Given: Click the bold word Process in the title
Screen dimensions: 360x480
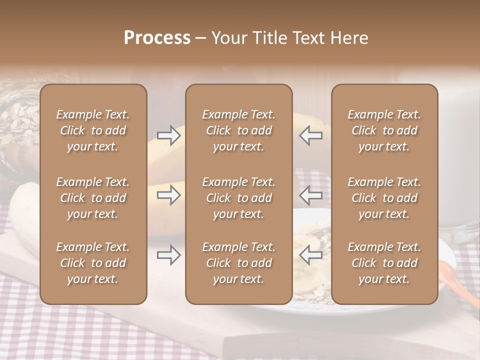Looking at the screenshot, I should pos(157,38).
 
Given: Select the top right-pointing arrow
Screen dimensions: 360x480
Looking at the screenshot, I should pos(168,135).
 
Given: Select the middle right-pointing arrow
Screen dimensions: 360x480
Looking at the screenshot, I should pos(168,194).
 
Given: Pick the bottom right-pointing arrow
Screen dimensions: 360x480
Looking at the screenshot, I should pos(168,255).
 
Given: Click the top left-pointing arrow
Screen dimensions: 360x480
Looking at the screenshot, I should pos(311,135).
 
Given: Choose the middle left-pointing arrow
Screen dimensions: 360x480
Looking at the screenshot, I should pos(311,194).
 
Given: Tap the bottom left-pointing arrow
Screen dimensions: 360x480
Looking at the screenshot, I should pos(311,255).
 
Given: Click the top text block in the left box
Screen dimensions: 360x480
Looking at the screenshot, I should pos(93,130).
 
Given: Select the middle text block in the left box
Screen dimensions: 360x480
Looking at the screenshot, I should pos(93,198).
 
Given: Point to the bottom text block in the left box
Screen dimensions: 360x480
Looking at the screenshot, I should pos(93,263).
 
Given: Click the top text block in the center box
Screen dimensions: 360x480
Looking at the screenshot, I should pos(238,130).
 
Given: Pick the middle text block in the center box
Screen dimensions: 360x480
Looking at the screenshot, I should pos(238,198).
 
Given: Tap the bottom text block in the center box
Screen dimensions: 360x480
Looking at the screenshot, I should pos(238,263).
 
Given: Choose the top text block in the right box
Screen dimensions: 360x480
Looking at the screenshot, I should pos(384,130).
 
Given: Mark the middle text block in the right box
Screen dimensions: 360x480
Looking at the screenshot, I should pos(384,198).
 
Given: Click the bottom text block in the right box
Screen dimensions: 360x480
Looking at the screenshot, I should pos(384,263).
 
